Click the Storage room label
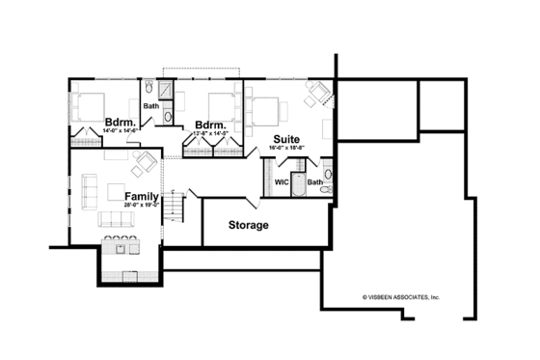click(x=248, y=225)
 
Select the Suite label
click(x=285, y=139)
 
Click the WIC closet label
click(x=282, y=180)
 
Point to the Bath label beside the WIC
click(x=314, y=181)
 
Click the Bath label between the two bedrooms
click(x=150, y=105)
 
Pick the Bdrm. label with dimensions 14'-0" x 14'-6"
click(x=119, y=123)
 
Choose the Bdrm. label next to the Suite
click(x=210, y=125)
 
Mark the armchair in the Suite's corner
click(x=316, y=94)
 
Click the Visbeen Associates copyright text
click(x=400, y=298)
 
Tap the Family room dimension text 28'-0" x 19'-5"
click(x=141, y=205)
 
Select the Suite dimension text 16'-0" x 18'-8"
click(x=285, y=149)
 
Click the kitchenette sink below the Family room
click(x=121, y=250)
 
